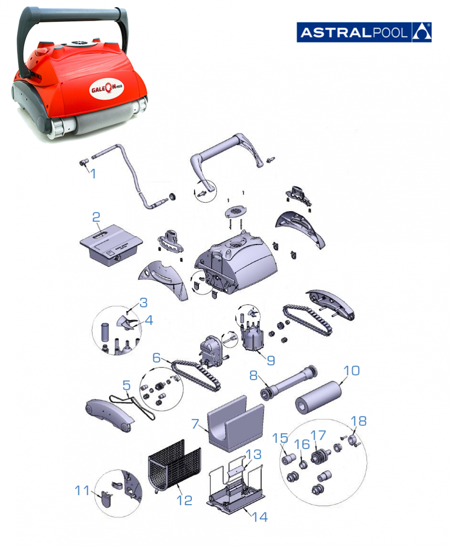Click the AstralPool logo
point(364,32)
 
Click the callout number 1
point(93,173)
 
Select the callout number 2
point(96,217)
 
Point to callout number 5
point(126,385)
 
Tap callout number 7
point(195,424)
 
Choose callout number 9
point(271,360)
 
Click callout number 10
point(352,370)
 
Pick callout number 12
point(185,500)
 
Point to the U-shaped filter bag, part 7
point(235,424)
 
